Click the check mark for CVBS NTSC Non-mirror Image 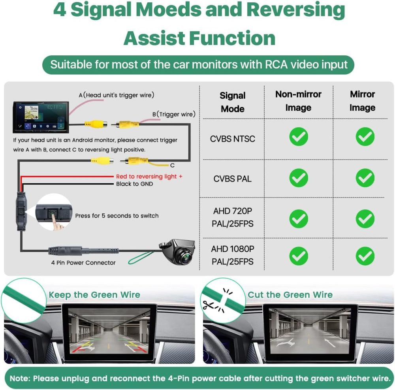click(x=299, y=137)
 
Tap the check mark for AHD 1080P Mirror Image click(x=365, y=256)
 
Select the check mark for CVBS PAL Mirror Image click(x=365, y=178)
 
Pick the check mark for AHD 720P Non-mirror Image click(x=299, y=219)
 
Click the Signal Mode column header click(x=233, y=102)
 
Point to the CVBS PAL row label click(x=232, y=179)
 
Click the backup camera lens click(x=186, y=257)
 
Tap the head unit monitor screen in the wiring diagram click(x=41, y=117)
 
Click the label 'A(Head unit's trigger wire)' click(x=117, y=95)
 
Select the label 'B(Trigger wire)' click(x=174, y=114)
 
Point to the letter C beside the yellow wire click(x=172, y=166)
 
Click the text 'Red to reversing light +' click(x=149, y=176)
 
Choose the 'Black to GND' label click(x=135, y=184)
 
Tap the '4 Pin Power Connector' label click(x=83, y=263)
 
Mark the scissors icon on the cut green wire click(x=209, y=305)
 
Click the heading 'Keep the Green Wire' click(x=94, y=295)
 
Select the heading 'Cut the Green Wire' click(x=290, y=295)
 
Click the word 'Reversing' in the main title click(x=295, y=11)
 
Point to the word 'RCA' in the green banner click(x=276, y=64)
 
